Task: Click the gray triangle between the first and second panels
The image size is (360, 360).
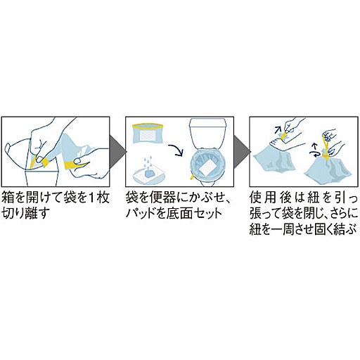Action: click(x=117, y=152)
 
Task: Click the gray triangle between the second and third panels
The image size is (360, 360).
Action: click(x=241, y=152)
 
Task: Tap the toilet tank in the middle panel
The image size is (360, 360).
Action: click(x=207, y=133)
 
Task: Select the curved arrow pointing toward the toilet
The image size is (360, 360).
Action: click(x=176, y=150)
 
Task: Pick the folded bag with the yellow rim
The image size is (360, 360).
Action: click(x=148, y=133)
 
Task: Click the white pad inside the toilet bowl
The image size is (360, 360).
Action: click(x=208, y=167)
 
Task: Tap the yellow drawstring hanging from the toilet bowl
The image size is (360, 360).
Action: click(x=192, y=176)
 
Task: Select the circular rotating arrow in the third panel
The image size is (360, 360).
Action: click(x=315, y=153)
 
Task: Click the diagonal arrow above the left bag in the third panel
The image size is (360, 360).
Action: click(x=278, y=129)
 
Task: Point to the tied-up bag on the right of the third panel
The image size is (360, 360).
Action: click(x=328, y=167)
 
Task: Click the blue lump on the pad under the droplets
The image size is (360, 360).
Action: click(x=148, y=174)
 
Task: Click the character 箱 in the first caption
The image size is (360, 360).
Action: click(x=8, y=198)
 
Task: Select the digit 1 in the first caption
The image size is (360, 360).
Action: click(x=91, y=198)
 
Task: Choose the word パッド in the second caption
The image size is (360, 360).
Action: click(x=140, y=213)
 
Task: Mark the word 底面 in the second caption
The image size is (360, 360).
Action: click(x=180, y=213)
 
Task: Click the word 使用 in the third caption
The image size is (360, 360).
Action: click(x=263, y=198)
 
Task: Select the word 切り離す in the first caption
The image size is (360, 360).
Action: click(x=26, y=213)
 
